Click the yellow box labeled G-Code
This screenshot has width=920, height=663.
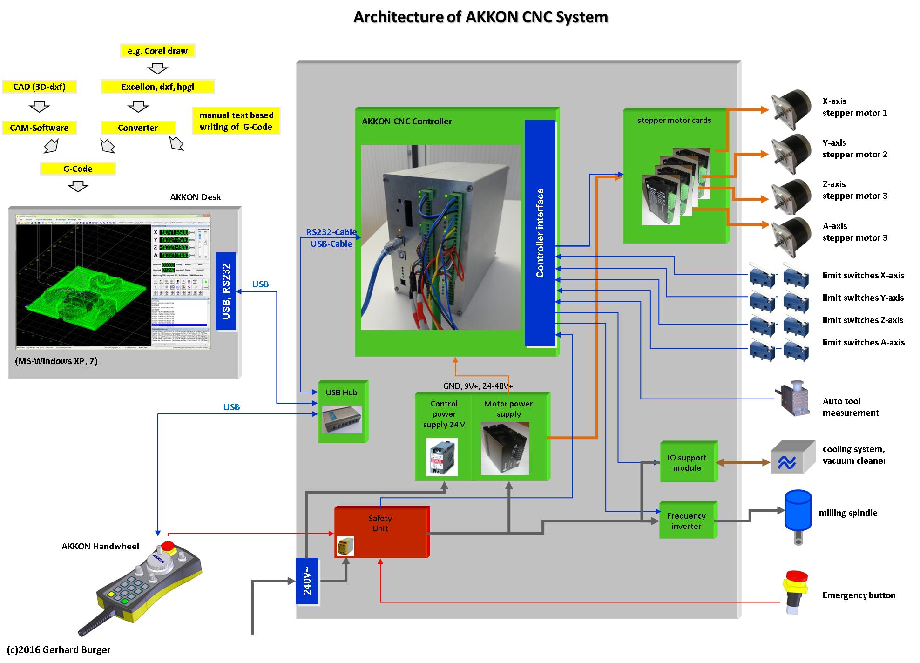click(x=78, y=169)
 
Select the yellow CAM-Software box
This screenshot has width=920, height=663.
click(x=39, y=128)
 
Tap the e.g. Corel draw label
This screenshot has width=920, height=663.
click(x=157, y=51)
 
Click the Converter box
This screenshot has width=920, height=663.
click(x=138, y=128)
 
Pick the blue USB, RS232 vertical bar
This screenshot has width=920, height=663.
click(x=226, y=291)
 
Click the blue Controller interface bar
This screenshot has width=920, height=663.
click(x=540, y=233)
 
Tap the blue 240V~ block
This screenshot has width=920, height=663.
click(x=307, y=581)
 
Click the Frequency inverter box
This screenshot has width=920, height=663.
click(x=687, y=521)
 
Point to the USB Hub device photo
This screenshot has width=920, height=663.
click(x=342, y=419)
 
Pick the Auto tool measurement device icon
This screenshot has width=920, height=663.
click(x=793, y=398)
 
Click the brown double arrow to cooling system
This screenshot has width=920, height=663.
click(x=742, y=462)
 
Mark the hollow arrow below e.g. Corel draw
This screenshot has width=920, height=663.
click(x=157, y=69)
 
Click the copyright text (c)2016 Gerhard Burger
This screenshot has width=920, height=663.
click(x=59, y=650)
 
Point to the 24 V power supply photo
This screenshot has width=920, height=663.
click(x=442, y=457)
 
